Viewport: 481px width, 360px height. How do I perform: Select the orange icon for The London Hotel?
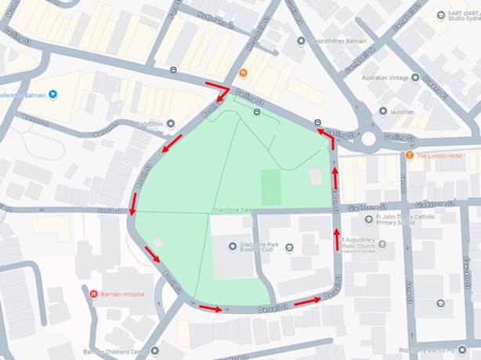[409, 156]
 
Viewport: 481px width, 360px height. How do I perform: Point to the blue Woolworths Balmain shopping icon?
[52, 95]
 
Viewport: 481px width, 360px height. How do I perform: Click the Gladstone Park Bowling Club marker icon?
[233, 247]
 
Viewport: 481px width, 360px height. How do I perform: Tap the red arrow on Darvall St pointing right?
[309, 299]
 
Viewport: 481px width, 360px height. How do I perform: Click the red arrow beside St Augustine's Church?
[338, 239]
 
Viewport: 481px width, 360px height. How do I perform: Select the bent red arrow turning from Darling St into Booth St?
[218, 91]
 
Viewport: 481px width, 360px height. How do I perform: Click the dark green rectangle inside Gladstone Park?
[270, 187]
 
